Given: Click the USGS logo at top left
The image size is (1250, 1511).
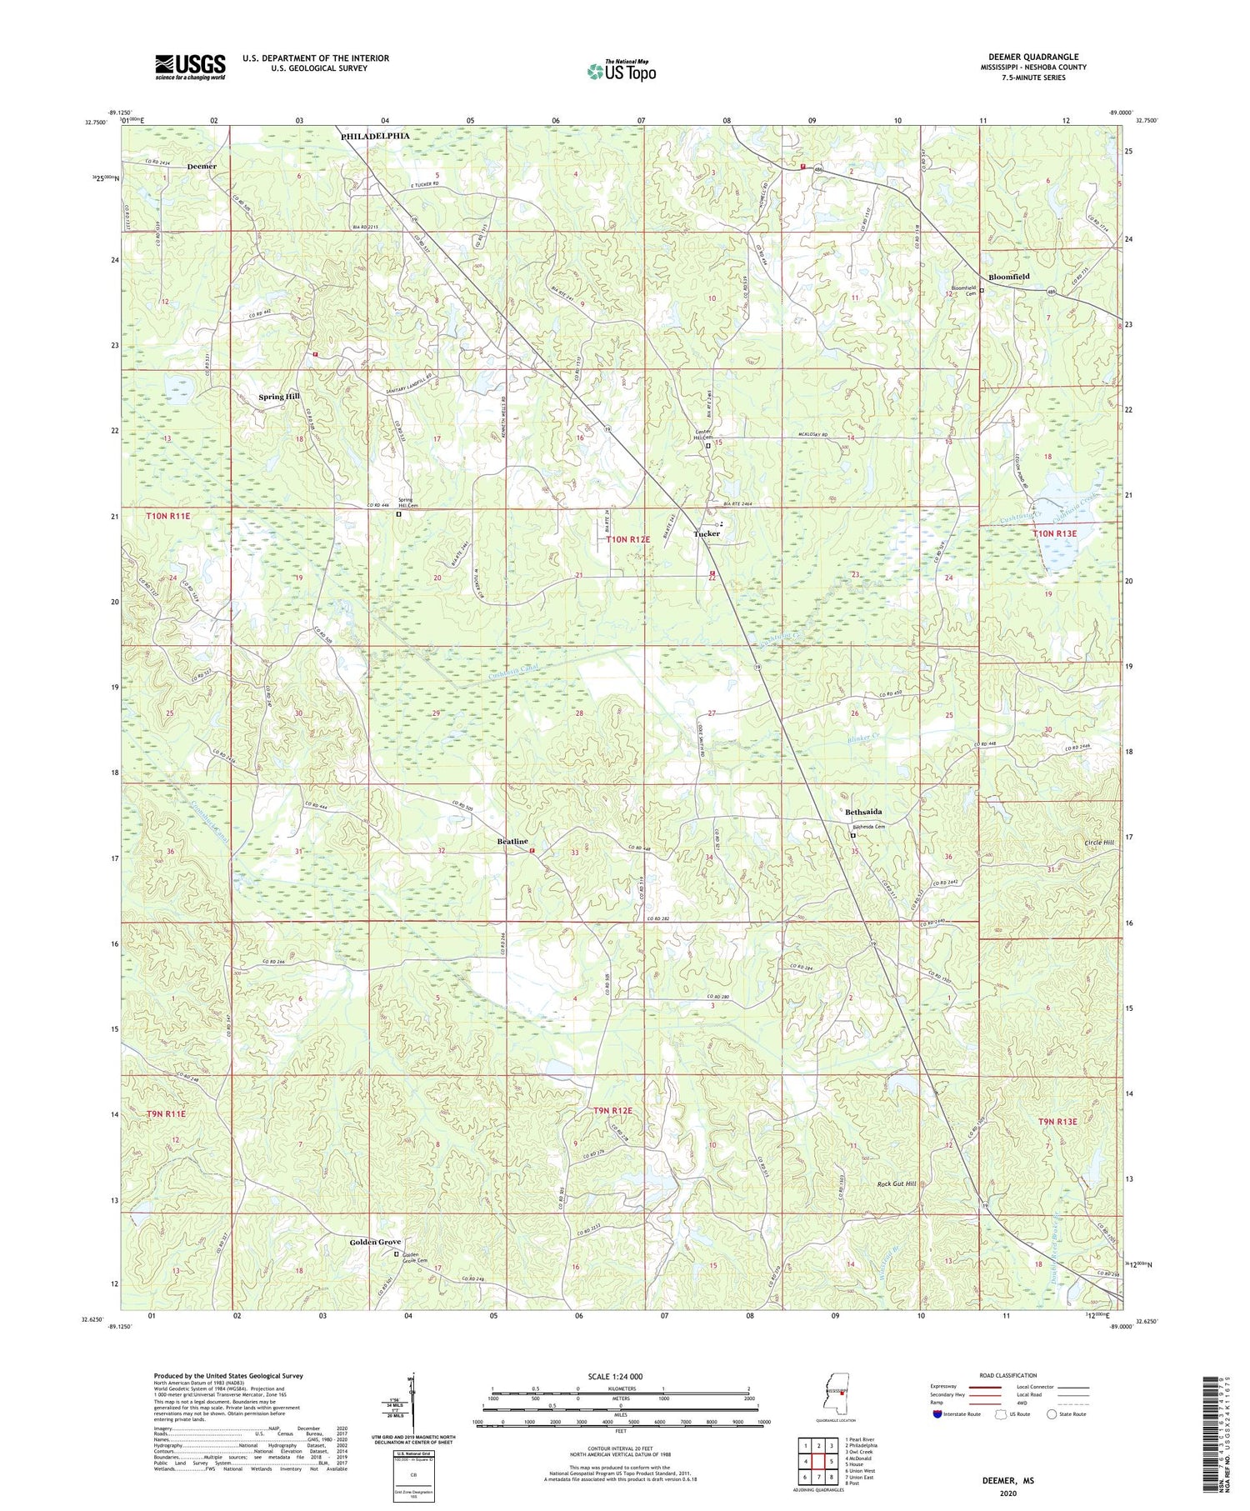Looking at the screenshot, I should click(190, 67).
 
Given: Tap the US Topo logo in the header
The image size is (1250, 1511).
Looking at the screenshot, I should click(621, 72).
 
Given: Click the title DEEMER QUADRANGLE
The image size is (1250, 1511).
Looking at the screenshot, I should click(1032, 57).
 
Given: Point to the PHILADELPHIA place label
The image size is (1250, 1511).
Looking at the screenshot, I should click(374, 136).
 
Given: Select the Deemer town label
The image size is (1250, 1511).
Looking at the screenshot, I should click(202, 167).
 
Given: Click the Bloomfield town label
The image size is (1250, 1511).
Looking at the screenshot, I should click(1008, 277).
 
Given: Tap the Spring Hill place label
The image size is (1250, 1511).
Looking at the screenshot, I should click(278, 397).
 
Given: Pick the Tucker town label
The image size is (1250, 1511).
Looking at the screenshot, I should click(707, 533).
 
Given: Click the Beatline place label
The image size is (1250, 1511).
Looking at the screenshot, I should click(512, 842).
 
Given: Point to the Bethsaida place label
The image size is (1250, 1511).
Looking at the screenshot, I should click(862, 812).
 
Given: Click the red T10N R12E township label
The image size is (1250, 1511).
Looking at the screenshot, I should click(628, 540).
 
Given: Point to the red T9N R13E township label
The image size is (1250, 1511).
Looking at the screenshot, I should click(1057, 1122).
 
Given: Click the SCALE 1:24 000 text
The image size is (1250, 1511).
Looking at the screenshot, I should click(620, 1376).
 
